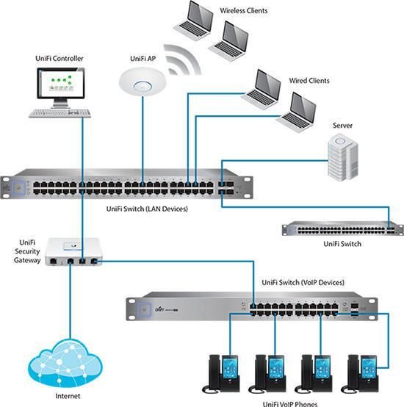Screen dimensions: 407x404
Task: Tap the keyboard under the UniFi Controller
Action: [61, 113]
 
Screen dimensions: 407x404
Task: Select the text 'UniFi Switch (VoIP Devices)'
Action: [303, 282]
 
